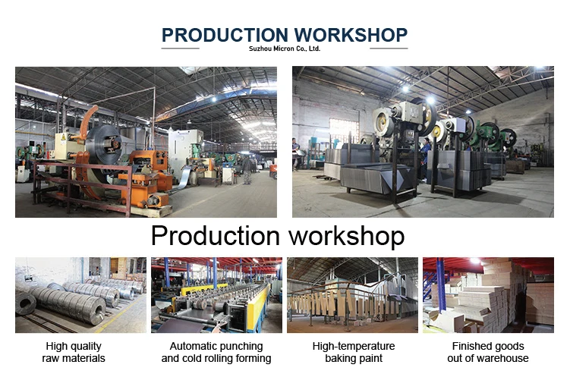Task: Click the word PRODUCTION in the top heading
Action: coord(225,35)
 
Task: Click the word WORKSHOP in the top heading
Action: coord(351,35)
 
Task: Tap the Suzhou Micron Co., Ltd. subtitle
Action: coord(285,49)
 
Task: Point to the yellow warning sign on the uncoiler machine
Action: coord(64,137)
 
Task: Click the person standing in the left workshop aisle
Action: coord(247,170)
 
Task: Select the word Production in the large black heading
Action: coord(216,236)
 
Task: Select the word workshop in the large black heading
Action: coord(346,236)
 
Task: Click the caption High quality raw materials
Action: coord(74,352)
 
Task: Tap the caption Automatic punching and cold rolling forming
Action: coord(216,352)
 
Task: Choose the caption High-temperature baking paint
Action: coord(354,352)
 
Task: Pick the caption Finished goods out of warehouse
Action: coord(488,352)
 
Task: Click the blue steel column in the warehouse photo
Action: coord(441,285)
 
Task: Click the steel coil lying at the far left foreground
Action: coord(26,303)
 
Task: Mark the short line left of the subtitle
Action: coord(181,49)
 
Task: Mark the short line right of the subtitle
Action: coord(389,49)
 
